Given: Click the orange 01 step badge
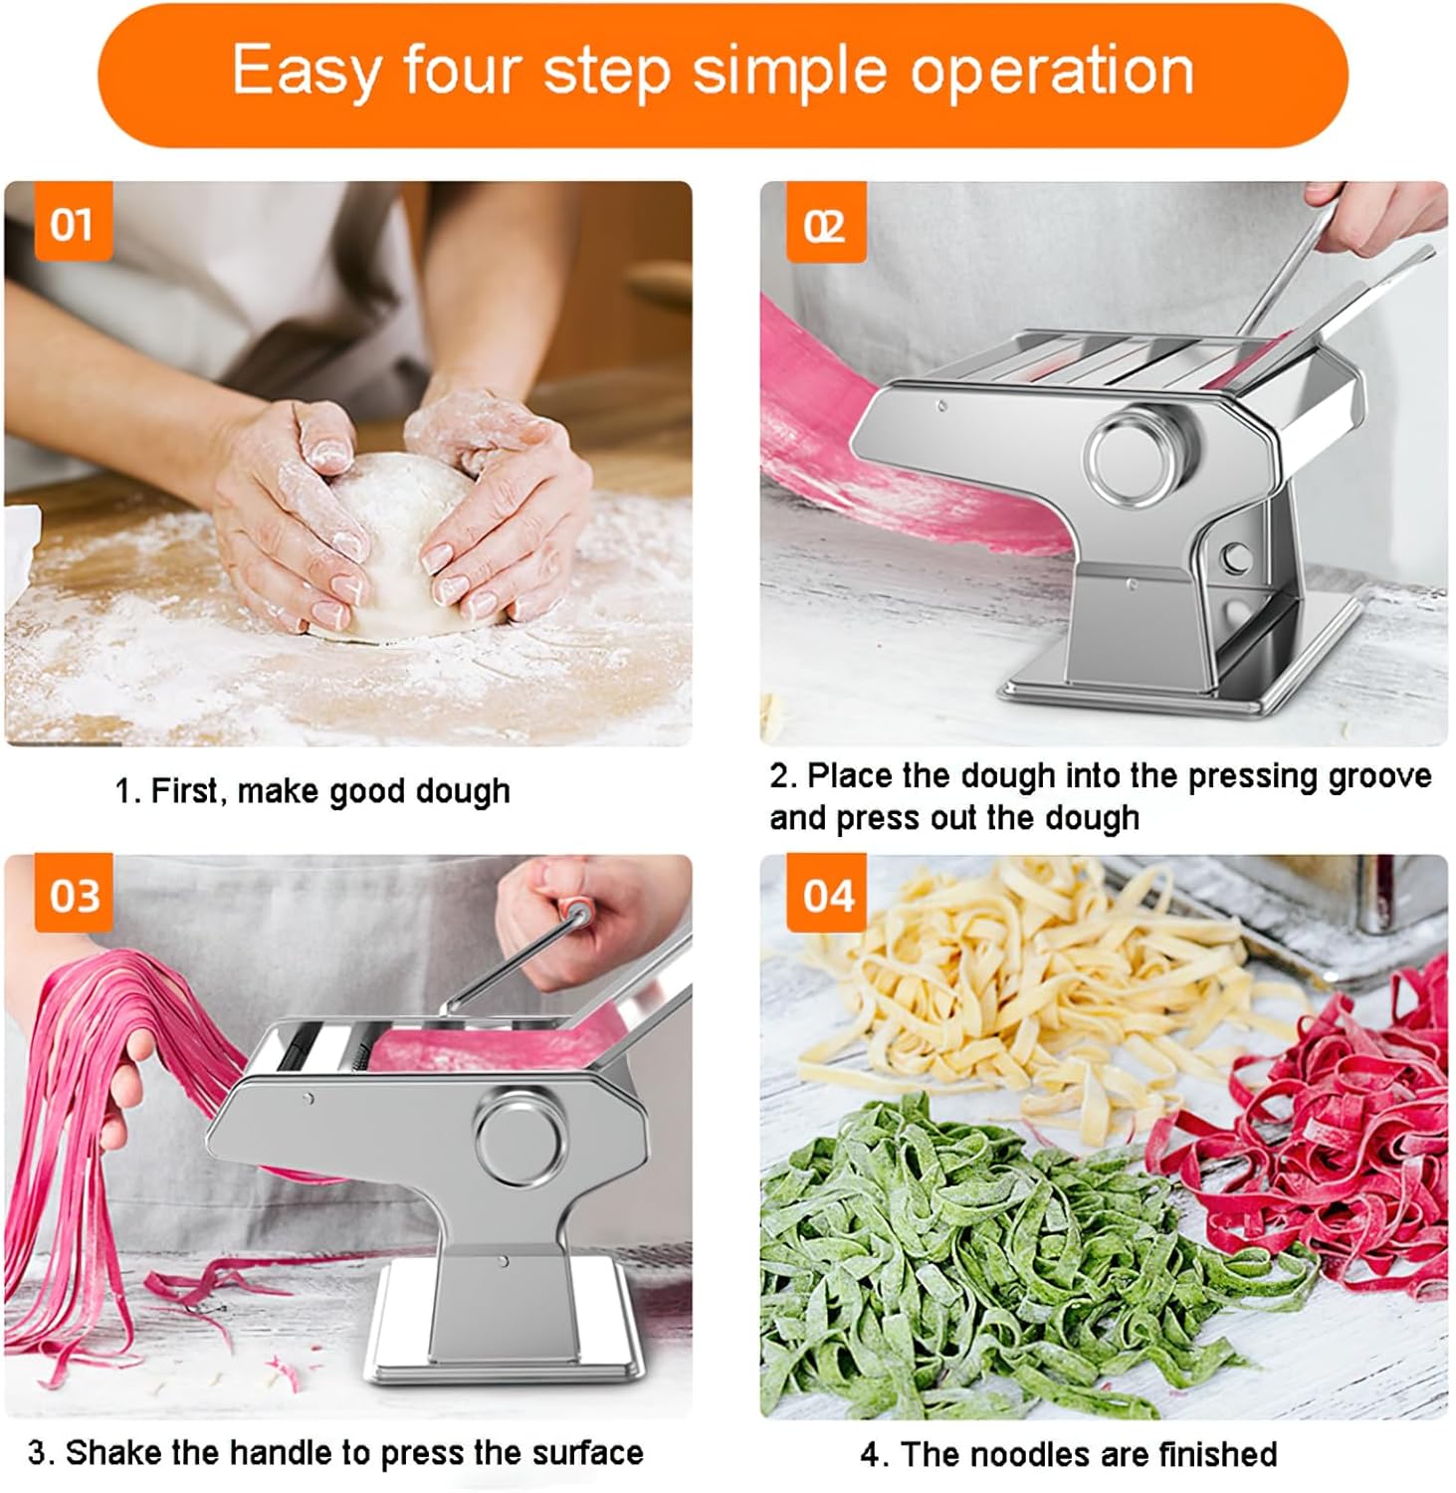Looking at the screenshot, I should pos(72,225).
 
